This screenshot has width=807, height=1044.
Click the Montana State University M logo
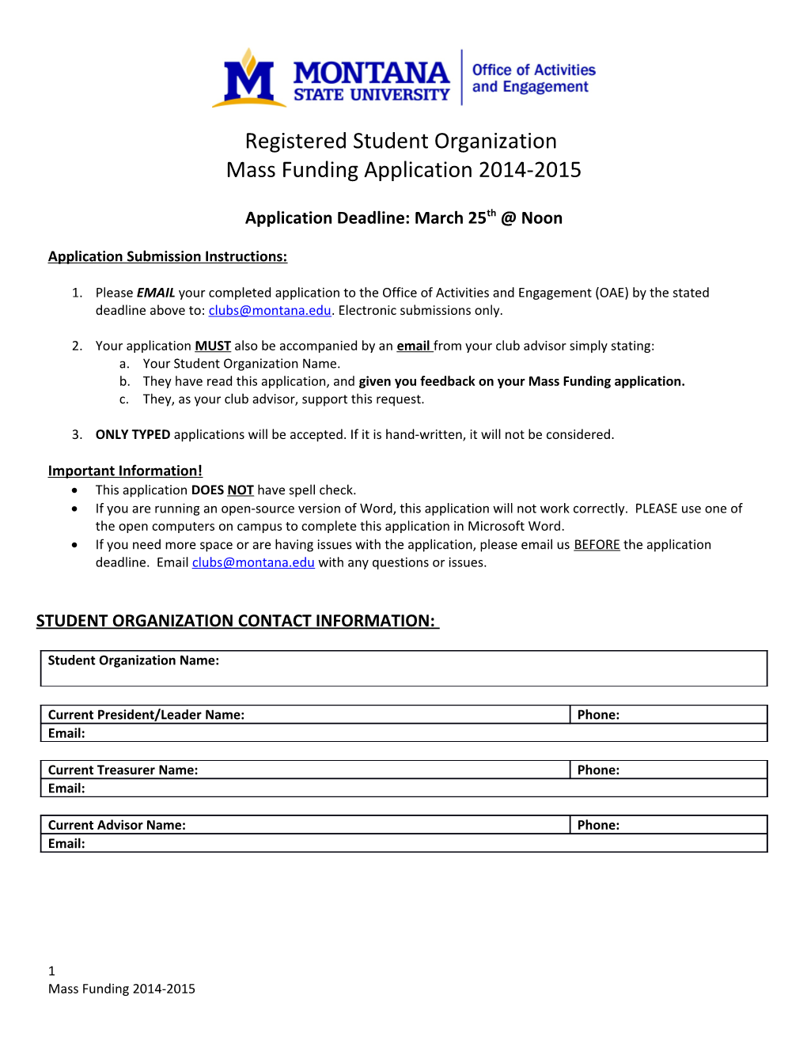point(248,79)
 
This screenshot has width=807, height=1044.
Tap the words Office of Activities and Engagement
point(532,78)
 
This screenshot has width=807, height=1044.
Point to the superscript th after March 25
point(491,212)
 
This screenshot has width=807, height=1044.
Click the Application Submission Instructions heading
point(167,256)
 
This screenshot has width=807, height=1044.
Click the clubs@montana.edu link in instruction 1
point(269,310)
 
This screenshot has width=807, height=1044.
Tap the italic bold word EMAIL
point(155,293)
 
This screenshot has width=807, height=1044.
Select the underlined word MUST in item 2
point(213,346)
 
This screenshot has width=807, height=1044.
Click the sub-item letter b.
point(124,381)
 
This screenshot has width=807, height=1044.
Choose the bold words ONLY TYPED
point(133,434)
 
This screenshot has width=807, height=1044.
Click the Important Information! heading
point(125,471)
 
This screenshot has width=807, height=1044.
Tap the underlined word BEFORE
point(597,544)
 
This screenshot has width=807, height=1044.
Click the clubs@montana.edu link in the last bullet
point(253,562)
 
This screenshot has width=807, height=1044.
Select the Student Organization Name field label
point(133,660)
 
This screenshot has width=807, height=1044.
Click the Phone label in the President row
point(598,714)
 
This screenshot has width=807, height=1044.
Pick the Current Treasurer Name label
point(123,770)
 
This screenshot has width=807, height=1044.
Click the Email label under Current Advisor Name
point(66,843)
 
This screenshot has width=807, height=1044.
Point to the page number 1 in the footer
point(51,970)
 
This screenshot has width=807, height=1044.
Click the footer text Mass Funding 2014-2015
point(121,989)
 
